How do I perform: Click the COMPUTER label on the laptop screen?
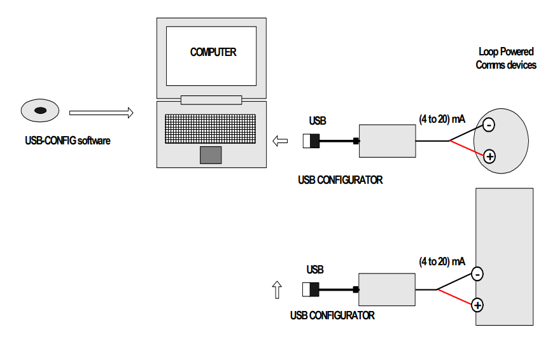pos(213,52)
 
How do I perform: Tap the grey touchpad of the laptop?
pos(211,155)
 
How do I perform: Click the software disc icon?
pos(39,111)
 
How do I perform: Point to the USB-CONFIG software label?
pos(63,141)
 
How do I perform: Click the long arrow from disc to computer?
pos(101,113)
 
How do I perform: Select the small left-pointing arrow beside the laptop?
pos(279,141)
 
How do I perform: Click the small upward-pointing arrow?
pos(276,290)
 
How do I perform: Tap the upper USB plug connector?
pos(311,141)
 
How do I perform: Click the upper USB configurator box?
pos(387,141)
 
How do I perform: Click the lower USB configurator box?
pos(386,290)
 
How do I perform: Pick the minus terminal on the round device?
pos(488,125)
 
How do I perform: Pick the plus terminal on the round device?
pos(489,156)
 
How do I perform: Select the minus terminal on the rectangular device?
pos(477,274)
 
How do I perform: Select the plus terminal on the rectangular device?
pos(477,305)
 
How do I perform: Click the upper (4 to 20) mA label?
pos(442,118)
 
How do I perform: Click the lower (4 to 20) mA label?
pos(442,261)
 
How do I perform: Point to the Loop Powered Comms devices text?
pos(506,58)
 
